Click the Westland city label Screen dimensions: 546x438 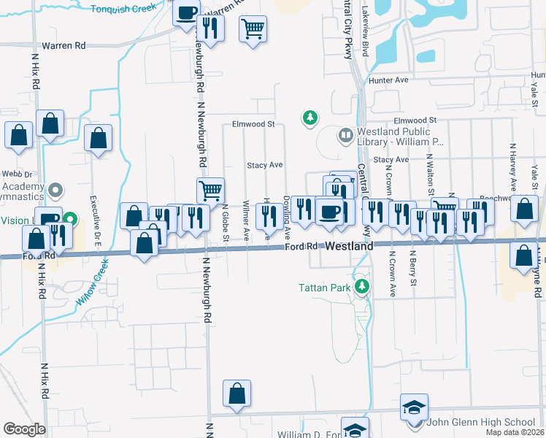click(349, 247)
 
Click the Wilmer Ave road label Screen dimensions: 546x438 click(247, 220)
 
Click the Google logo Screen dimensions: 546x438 click(24, 429)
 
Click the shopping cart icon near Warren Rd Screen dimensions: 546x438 click(253, 29)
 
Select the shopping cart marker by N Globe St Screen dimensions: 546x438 click(209, 190)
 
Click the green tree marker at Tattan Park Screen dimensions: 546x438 click(361, 285)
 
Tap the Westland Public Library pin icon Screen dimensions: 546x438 click(345, 135)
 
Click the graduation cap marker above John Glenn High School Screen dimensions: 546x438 click(414, 407)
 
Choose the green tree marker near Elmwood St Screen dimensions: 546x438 click(311, 117)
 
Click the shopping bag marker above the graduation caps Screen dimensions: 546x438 click(237, 393)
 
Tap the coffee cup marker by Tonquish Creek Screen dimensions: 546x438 click(186, 12)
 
